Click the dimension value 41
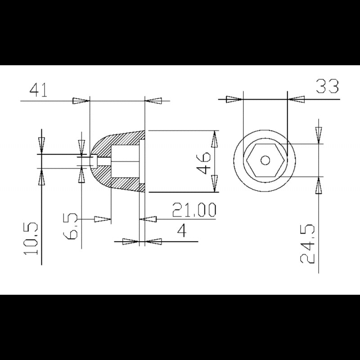pos(38,90)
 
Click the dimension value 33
pos(327,86)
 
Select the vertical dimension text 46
pos(203,162)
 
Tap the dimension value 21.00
pos(194,210)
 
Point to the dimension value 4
pos(182,231)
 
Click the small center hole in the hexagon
pos(266,160)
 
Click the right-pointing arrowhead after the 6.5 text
pos(103,219)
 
